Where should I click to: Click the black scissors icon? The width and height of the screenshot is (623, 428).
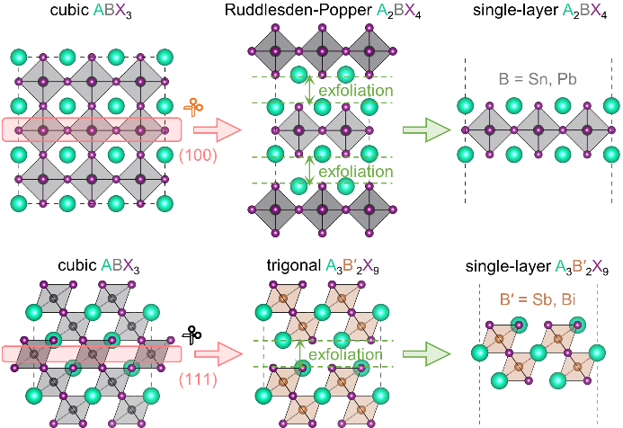(192, 335)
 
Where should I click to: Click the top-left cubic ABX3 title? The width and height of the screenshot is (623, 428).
(86, 13)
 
